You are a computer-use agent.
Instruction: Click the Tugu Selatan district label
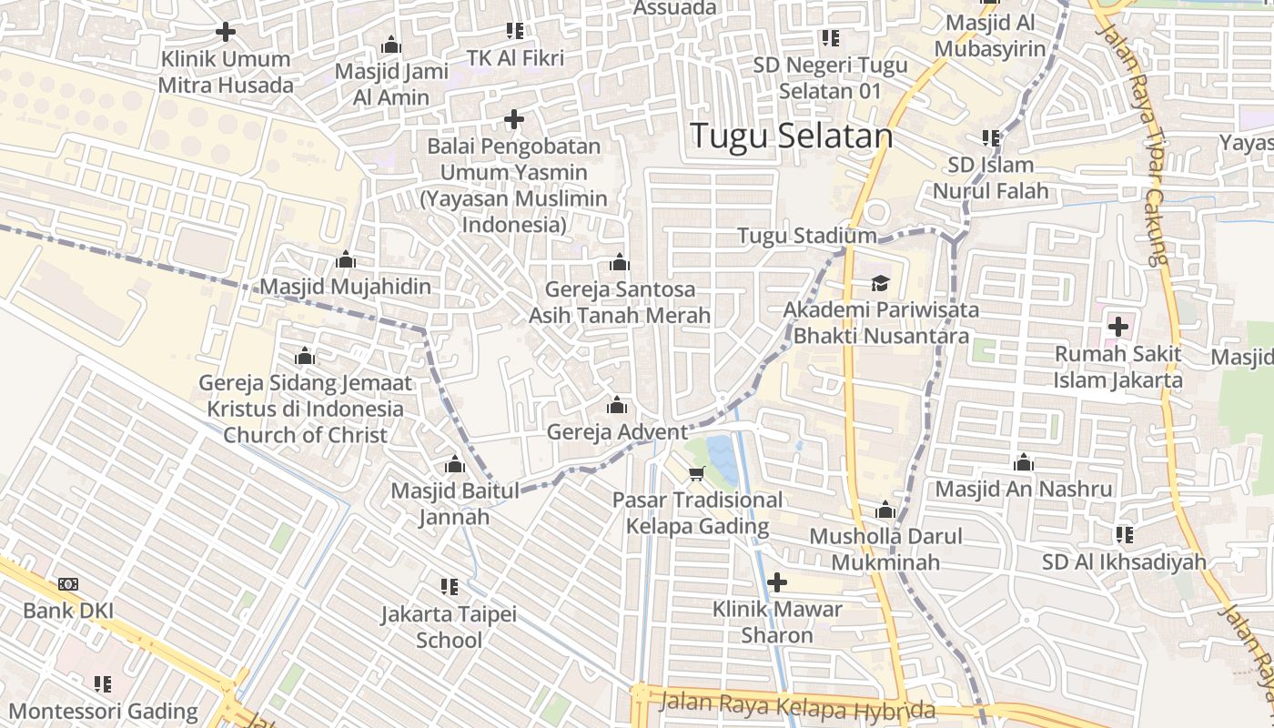(791, 136)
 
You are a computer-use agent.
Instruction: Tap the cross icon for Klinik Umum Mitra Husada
(225, 32)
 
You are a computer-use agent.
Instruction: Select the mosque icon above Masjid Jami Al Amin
(391, 45)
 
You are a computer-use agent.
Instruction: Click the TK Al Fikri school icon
(515, 31)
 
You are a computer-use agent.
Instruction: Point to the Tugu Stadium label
(806, 236)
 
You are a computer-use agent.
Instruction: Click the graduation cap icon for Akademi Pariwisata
(880, 283)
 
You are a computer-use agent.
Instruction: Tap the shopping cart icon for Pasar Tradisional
(697, 473)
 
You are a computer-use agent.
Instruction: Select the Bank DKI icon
(68, 584)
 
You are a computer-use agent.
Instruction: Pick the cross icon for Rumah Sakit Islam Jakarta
(1117, 326)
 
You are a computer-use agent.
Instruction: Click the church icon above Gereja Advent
(617, 405)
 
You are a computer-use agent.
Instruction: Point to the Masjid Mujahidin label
(346, 287)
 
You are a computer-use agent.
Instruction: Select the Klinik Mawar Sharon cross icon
(777, 581)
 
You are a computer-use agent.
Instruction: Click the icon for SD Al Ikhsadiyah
(1125, 535)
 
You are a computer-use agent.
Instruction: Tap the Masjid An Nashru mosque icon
(1024, 462)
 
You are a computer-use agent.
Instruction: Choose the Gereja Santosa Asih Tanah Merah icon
(620, 263)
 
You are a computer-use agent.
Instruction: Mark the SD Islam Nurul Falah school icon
(991, 138)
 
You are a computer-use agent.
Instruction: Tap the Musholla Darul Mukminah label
(885, 550)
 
